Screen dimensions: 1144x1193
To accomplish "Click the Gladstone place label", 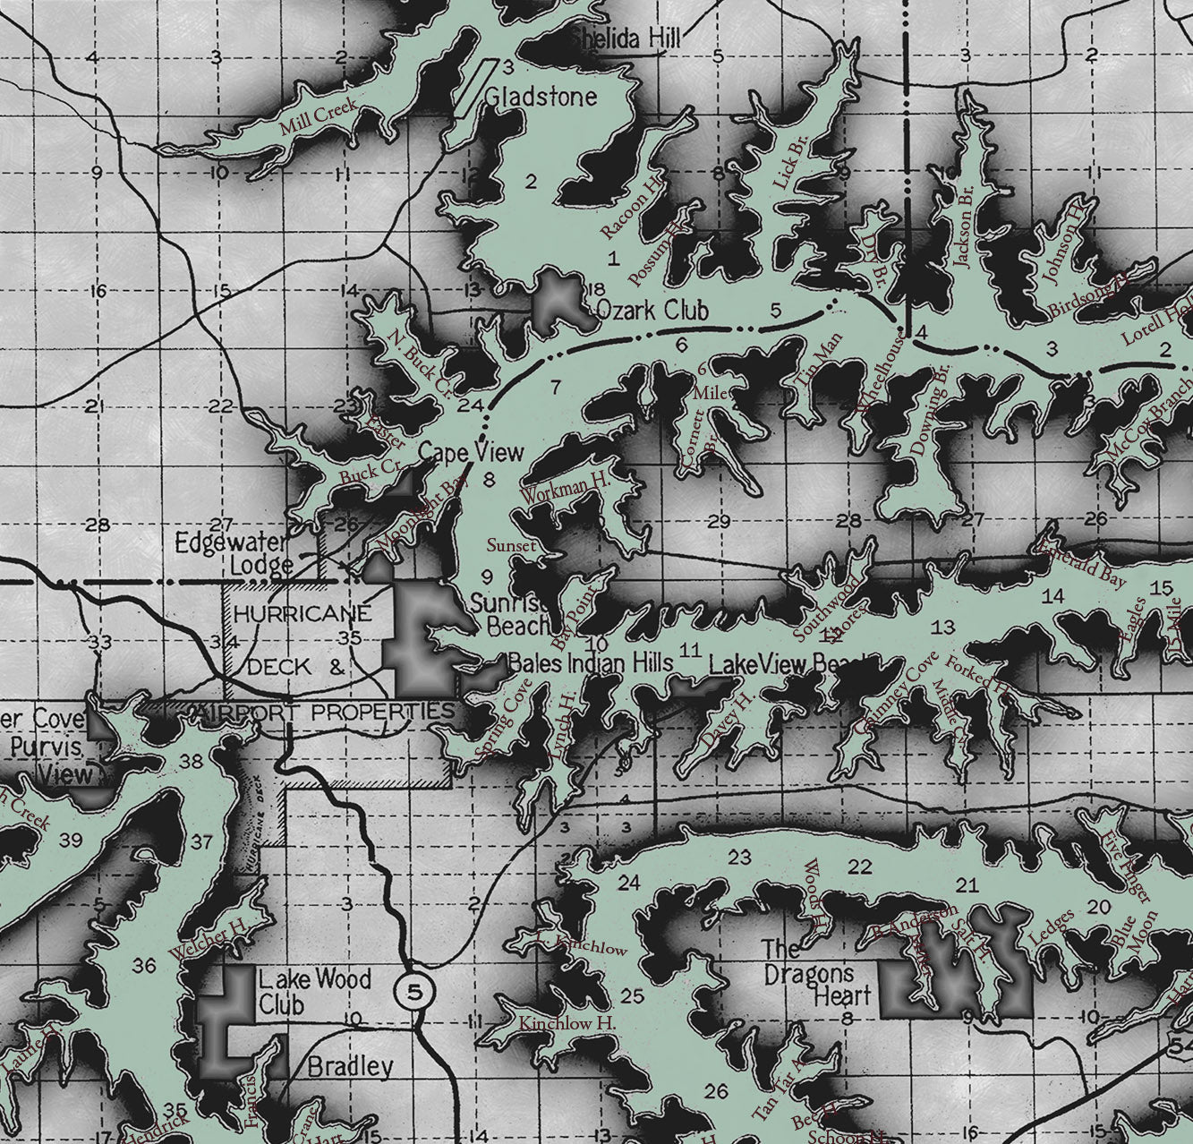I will [541, 96].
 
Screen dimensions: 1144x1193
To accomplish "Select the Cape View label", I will [471, 451].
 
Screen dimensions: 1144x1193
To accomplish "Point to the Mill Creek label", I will [319, 116].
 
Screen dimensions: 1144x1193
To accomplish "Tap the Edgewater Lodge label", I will [231, 553].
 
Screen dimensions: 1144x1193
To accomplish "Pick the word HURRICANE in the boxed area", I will [302, 614].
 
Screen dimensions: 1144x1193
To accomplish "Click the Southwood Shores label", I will [830, 610].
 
